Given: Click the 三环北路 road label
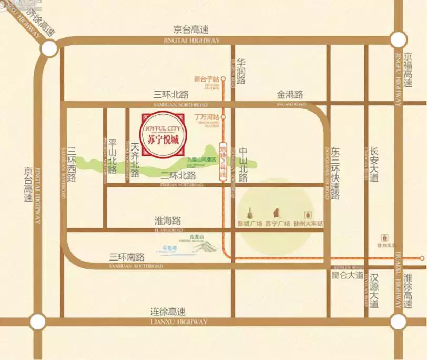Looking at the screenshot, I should pos(171,95).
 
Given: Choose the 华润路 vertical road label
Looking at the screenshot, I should pos(241,71).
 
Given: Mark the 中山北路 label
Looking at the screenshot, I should pos(243,164).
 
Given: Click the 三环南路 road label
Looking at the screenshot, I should pos(127,257).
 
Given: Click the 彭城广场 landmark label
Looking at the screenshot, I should pos(250,223).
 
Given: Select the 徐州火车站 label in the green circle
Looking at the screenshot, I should pos(308,223).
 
